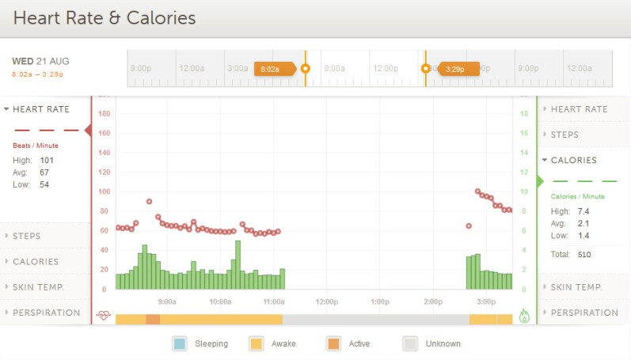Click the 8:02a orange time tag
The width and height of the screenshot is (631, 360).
[x=272, y=69]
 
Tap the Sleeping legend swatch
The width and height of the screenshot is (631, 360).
[x=180, y=343]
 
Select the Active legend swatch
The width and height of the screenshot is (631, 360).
[x=333, y=343]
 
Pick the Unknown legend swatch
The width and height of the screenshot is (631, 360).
[x=410, y=343]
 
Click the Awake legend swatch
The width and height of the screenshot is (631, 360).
[x=257, y=343]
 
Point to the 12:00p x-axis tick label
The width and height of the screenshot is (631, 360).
[x=327, y=301]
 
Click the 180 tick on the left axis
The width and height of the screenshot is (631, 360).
[x=103, y=113]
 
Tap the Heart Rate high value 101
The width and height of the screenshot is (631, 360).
[x=47, y=160]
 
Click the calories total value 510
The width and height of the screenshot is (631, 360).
[x=585, y=254]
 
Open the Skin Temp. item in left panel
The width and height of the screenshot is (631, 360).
[x=45, y=286]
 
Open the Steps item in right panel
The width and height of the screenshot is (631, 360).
[x=564, y=135]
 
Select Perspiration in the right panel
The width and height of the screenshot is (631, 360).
[x=583, y=313]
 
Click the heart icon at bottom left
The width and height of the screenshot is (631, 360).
[x=103, y=315]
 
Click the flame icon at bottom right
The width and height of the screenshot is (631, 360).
[x=524, y=315]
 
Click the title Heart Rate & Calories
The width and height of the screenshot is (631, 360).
[x=105, y=17]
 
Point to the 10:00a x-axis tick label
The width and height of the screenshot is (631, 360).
[x=220, y=301]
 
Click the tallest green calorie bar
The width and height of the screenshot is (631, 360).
[x=238, y=265]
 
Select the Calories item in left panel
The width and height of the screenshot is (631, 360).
[x=36, y=261]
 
